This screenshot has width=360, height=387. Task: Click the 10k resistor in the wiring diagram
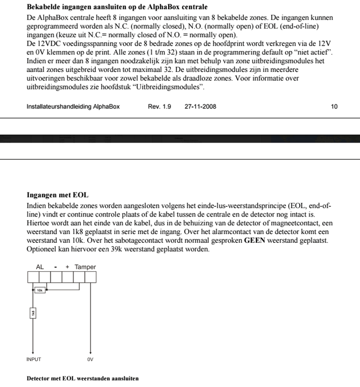coord(40,290)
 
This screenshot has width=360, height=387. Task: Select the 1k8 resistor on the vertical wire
coord(33,314)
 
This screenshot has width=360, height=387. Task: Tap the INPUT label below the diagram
coord(33,360)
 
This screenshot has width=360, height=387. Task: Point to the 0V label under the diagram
coord(90,360)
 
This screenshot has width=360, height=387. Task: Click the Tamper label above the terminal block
coord(85,267)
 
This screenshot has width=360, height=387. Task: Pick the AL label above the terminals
coord(40,267)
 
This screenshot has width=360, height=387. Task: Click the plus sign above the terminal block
coord(67,267)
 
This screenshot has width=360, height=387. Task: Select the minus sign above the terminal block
coord(55,267)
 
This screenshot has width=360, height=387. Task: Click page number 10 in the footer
coord(334,106)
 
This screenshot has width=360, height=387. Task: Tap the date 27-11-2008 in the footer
coord(200,106)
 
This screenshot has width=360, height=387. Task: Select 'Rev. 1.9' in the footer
coord(159,106)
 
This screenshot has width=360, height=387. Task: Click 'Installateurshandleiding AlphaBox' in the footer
coord(73,106)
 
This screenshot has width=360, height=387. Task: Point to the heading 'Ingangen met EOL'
coord(58,195)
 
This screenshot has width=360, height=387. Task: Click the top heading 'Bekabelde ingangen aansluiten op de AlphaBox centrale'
coord(117,7)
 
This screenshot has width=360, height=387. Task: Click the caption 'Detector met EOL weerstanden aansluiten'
coord(82,378)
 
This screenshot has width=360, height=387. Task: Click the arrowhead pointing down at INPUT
coord(33,352)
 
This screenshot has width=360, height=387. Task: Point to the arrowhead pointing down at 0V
coord(90,352)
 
